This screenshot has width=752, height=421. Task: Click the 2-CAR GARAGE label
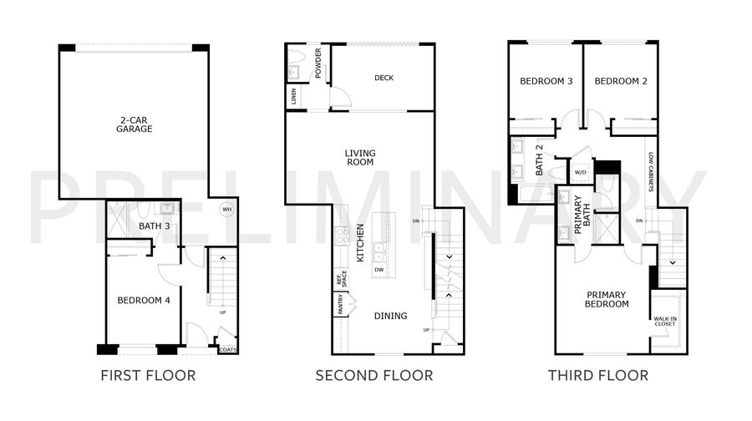coord(135,124)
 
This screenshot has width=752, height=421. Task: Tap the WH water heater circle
coord(226,210)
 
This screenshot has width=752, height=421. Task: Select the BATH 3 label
coord(155,226)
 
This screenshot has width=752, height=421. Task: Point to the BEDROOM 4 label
coord(144,301)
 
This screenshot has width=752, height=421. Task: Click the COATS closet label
coord(228,349)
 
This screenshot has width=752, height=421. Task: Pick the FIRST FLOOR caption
coord(148,375)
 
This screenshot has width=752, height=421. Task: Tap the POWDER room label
coord(318,63)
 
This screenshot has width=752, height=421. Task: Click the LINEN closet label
coord(293,96)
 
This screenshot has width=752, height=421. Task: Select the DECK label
coord(384,78)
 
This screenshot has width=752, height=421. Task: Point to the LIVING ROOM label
coord(360,158)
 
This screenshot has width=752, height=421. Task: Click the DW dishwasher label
coord(379,270)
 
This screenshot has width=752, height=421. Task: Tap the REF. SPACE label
coord(341,279)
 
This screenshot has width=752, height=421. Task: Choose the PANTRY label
coord(341,305)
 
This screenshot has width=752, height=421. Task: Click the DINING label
coord(391,316)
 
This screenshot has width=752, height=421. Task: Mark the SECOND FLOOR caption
coord(374,375)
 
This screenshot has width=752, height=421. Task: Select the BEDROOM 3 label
coord(546,82)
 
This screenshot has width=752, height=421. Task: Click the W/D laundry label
coord(581,172)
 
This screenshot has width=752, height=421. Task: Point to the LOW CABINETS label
coord(651,172)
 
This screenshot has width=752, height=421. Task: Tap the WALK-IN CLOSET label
coord(665,322)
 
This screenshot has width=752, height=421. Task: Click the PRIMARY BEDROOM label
coord(607,299)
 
